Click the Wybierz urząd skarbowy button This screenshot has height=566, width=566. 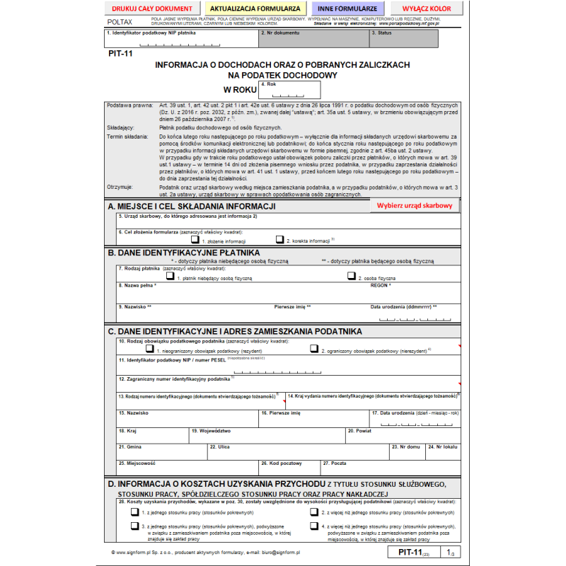(x=414, y=205)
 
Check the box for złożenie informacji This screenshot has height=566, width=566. (x=195, y=240)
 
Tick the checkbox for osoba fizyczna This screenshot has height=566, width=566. (x=352, y=277)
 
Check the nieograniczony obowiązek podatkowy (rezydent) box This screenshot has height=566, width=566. (x=149, y=349)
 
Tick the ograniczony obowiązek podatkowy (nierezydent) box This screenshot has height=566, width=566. (x=314, y=349)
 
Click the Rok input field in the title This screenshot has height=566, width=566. (x=290, y=91)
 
